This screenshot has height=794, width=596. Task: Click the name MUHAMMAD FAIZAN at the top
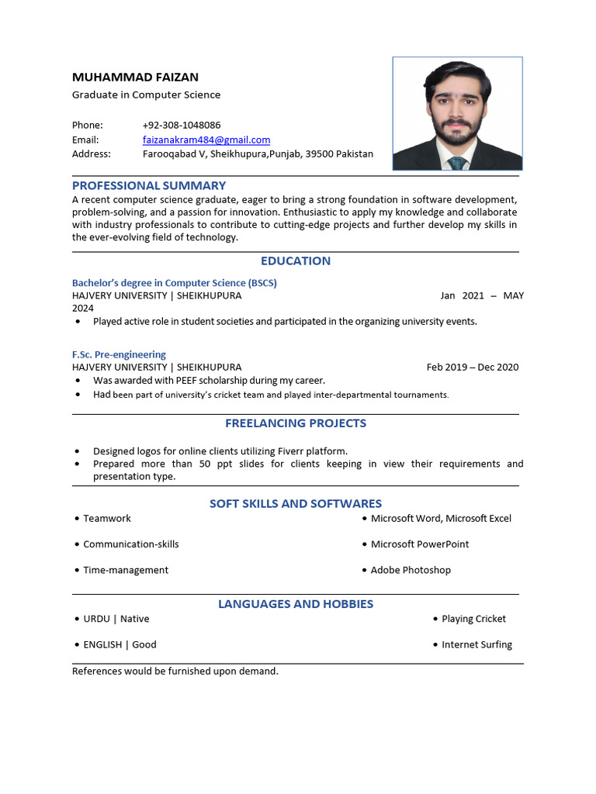click(135, 77)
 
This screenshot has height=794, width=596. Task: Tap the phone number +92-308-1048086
click(182, 125)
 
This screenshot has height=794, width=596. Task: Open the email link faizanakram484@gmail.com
click(206, 140)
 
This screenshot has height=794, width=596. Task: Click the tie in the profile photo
click(457, 163)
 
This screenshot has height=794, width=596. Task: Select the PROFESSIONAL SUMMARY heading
click(149, 185)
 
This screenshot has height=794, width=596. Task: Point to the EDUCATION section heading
click(296, 261)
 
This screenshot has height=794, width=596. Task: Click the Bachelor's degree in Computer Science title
click(175, 283)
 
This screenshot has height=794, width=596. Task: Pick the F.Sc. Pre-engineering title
click(119, 354)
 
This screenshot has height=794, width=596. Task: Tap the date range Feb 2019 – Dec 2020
click(473, 367)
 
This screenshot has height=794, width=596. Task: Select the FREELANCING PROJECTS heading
click(296, 423)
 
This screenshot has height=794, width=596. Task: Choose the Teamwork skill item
click(107, 518)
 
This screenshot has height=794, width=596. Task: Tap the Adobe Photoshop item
click(411, 570)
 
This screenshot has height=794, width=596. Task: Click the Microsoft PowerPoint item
click(420, 544)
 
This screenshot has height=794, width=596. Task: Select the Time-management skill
click(126, 570)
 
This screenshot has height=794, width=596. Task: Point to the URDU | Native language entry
click(116, 619)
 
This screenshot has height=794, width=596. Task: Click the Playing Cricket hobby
click(473, 619)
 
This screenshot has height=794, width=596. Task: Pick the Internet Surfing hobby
click(476, 644)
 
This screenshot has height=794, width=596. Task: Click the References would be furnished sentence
click(175, 671)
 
